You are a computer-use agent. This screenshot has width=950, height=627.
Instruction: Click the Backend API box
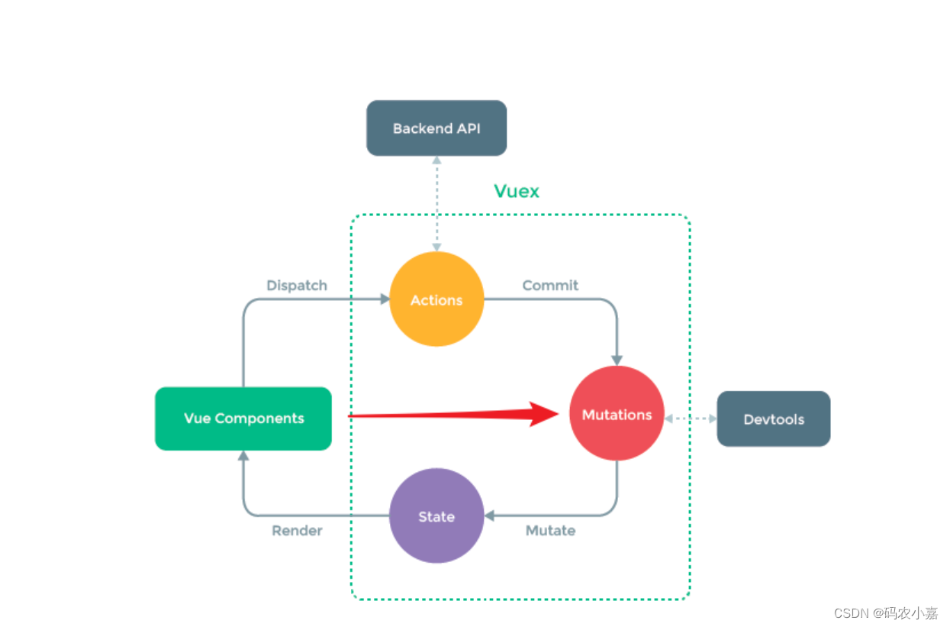(x=436, y=128)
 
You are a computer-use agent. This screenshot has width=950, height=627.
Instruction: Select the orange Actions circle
(x=436, y=299)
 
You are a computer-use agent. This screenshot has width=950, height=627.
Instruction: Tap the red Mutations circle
(x=617, y=414)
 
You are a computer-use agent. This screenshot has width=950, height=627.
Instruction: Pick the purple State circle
(x=436, y=516)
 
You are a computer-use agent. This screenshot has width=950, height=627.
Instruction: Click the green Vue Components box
(x=243, y=419)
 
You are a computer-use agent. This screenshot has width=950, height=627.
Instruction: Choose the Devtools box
(x=773, y=419)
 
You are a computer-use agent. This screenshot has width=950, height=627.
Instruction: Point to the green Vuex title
(x=517, y=191)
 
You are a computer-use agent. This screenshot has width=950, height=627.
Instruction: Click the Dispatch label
(x=297, y=286)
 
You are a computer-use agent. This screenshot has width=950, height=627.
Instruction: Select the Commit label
(x=550, y=286)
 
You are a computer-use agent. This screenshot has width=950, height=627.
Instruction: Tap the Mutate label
(x=550, y=530)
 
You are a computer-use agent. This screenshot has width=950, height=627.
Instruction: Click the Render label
(x=297, y=530)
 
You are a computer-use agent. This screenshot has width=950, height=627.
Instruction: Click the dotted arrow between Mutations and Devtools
(x=691, y=419)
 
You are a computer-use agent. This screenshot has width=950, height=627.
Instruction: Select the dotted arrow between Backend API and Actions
(x=436, y=203)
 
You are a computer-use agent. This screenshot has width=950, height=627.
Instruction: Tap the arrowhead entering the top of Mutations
(x=617, y=360)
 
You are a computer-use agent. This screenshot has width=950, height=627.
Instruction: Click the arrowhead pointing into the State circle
(x=490, y=515)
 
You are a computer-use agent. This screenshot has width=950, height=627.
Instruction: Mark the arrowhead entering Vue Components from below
(x=243, y=456)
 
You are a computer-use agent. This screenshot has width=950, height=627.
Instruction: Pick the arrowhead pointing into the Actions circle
(x=384, y=299)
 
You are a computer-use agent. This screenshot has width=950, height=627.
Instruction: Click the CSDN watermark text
(x=885, y=613)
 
